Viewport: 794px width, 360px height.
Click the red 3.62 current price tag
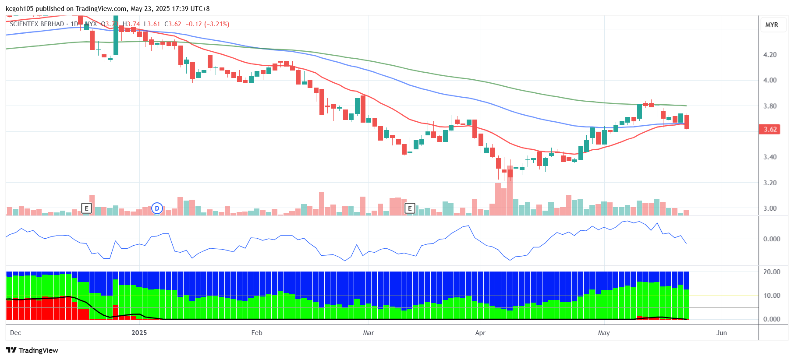click(770, 129)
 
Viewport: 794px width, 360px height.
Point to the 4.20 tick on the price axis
click(770, 55)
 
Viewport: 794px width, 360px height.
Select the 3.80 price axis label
click(770, 106)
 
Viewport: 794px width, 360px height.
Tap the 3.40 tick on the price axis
click(770, 157)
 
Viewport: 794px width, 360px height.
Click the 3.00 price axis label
click(770, 208)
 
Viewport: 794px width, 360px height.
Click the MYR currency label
click(772, 25)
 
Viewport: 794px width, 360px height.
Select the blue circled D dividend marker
click(157, 208)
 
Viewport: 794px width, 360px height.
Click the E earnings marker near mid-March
click(410, 208)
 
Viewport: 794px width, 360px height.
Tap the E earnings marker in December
click(86, 208)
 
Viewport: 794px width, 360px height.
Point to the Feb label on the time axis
click(257, 333)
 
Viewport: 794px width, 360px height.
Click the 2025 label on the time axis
click(139, 333)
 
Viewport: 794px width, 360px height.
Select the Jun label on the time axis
click(721, 333)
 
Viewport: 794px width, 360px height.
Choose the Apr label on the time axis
click(480, 333)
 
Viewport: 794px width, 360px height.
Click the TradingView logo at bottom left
click(32, 350)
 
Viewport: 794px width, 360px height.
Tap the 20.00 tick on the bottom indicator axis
click(771, 272)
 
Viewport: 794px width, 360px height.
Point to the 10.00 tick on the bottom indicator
click(771, 296)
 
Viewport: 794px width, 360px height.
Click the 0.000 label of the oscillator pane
click(771, 239)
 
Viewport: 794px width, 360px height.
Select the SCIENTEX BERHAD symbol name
click(37, 24)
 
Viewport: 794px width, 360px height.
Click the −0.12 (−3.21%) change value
click(207, 24)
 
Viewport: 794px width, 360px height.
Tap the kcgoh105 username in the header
click(19, 9)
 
